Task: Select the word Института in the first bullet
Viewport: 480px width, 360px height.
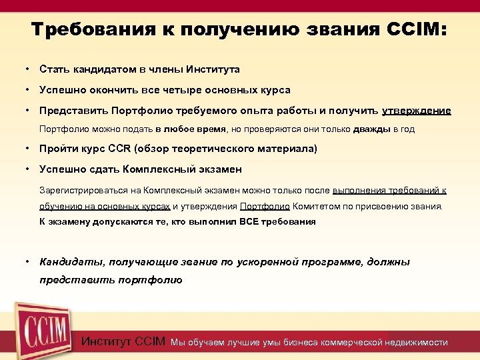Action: pos(213,69)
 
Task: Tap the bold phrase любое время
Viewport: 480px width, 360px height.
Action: pos(196,129)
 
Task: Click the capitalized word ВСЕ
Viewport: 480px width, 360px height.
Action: pos(251,221)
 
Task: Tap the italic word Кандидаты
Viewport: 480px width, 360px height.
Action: pos(71,262)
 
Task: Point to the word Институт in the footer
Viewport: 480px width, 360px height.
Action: pos(106,342)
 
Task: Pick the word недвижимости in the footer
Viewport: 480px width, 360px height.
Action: pos(417,343)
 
